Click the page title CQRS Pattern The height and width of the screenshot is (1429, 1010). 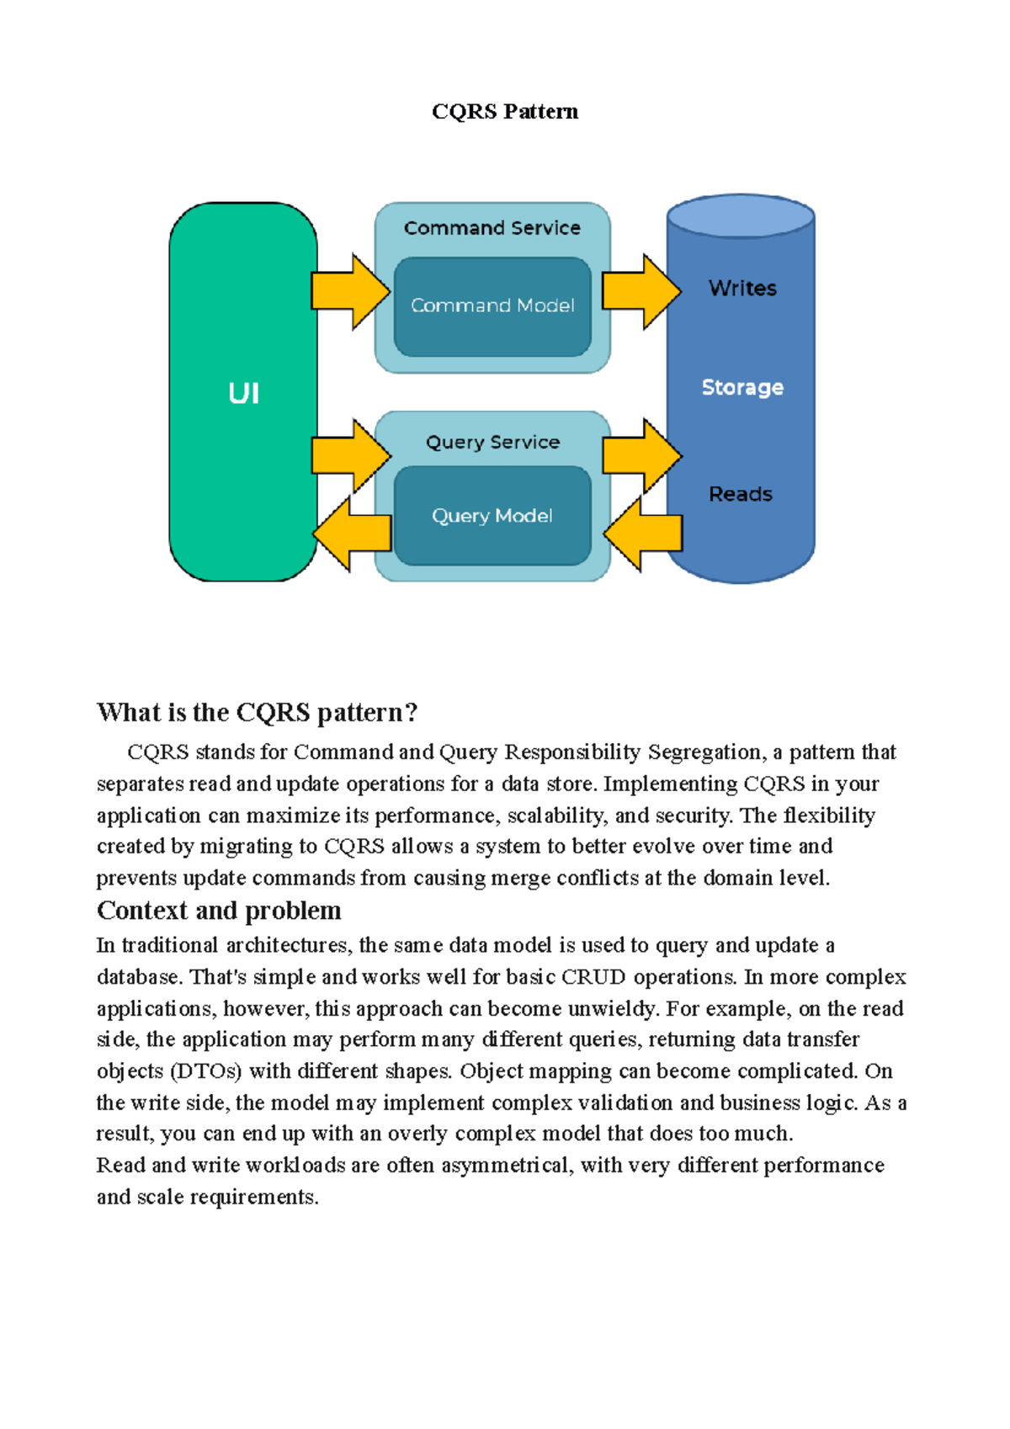pos(504,112)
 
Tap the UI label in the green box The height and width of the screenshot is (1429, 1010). pos(243,393)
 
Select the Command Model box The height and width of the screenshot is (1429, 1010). pos(492,306)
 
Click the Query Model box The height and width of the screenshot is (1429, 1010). pos(492,516)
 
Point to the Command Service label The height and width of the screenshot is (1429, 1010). pos(492,228)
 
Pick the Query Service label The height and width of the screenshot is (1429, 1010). pos(492,443)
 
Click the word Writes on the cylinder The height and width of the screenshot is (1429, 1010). pos(742,289)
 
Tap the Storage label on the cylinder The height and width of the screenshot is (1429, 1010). pos(742,387)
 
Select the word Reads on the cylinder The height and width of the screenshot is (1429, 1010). pos(740,494)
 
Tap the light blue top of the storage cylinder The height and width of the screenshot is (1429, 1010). pos(740,216)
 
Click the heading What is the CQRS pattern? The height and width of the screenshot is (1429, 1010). pos(257,713)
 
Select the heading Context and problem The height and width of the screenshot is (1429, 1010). pos(219,911)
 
